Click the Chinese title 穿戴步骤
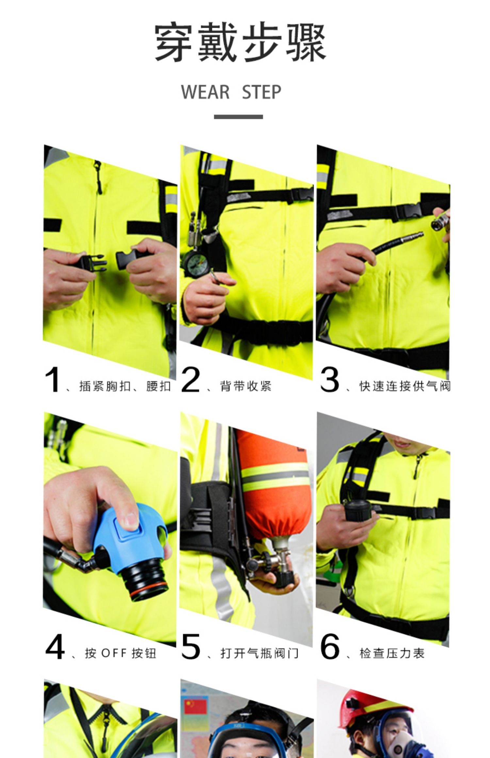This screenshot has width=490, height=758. point(240,42)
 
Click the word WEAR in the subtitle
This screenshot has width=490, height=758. point(205,92)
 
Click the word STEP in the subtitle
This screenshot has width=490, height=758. point(261,92)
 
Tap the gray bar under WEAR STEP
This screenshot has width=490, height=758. point(238,117)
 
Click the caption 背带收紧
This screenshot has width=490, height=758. point(246,386)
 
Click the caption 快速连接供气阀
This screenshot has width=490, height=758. point(405,386)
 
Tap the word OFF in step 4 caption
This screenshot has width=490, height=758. point(114,653)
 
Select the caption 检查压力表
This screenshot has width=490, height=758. point(392,653)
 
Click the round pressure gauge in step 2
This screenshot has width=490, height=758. point(195,262)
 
